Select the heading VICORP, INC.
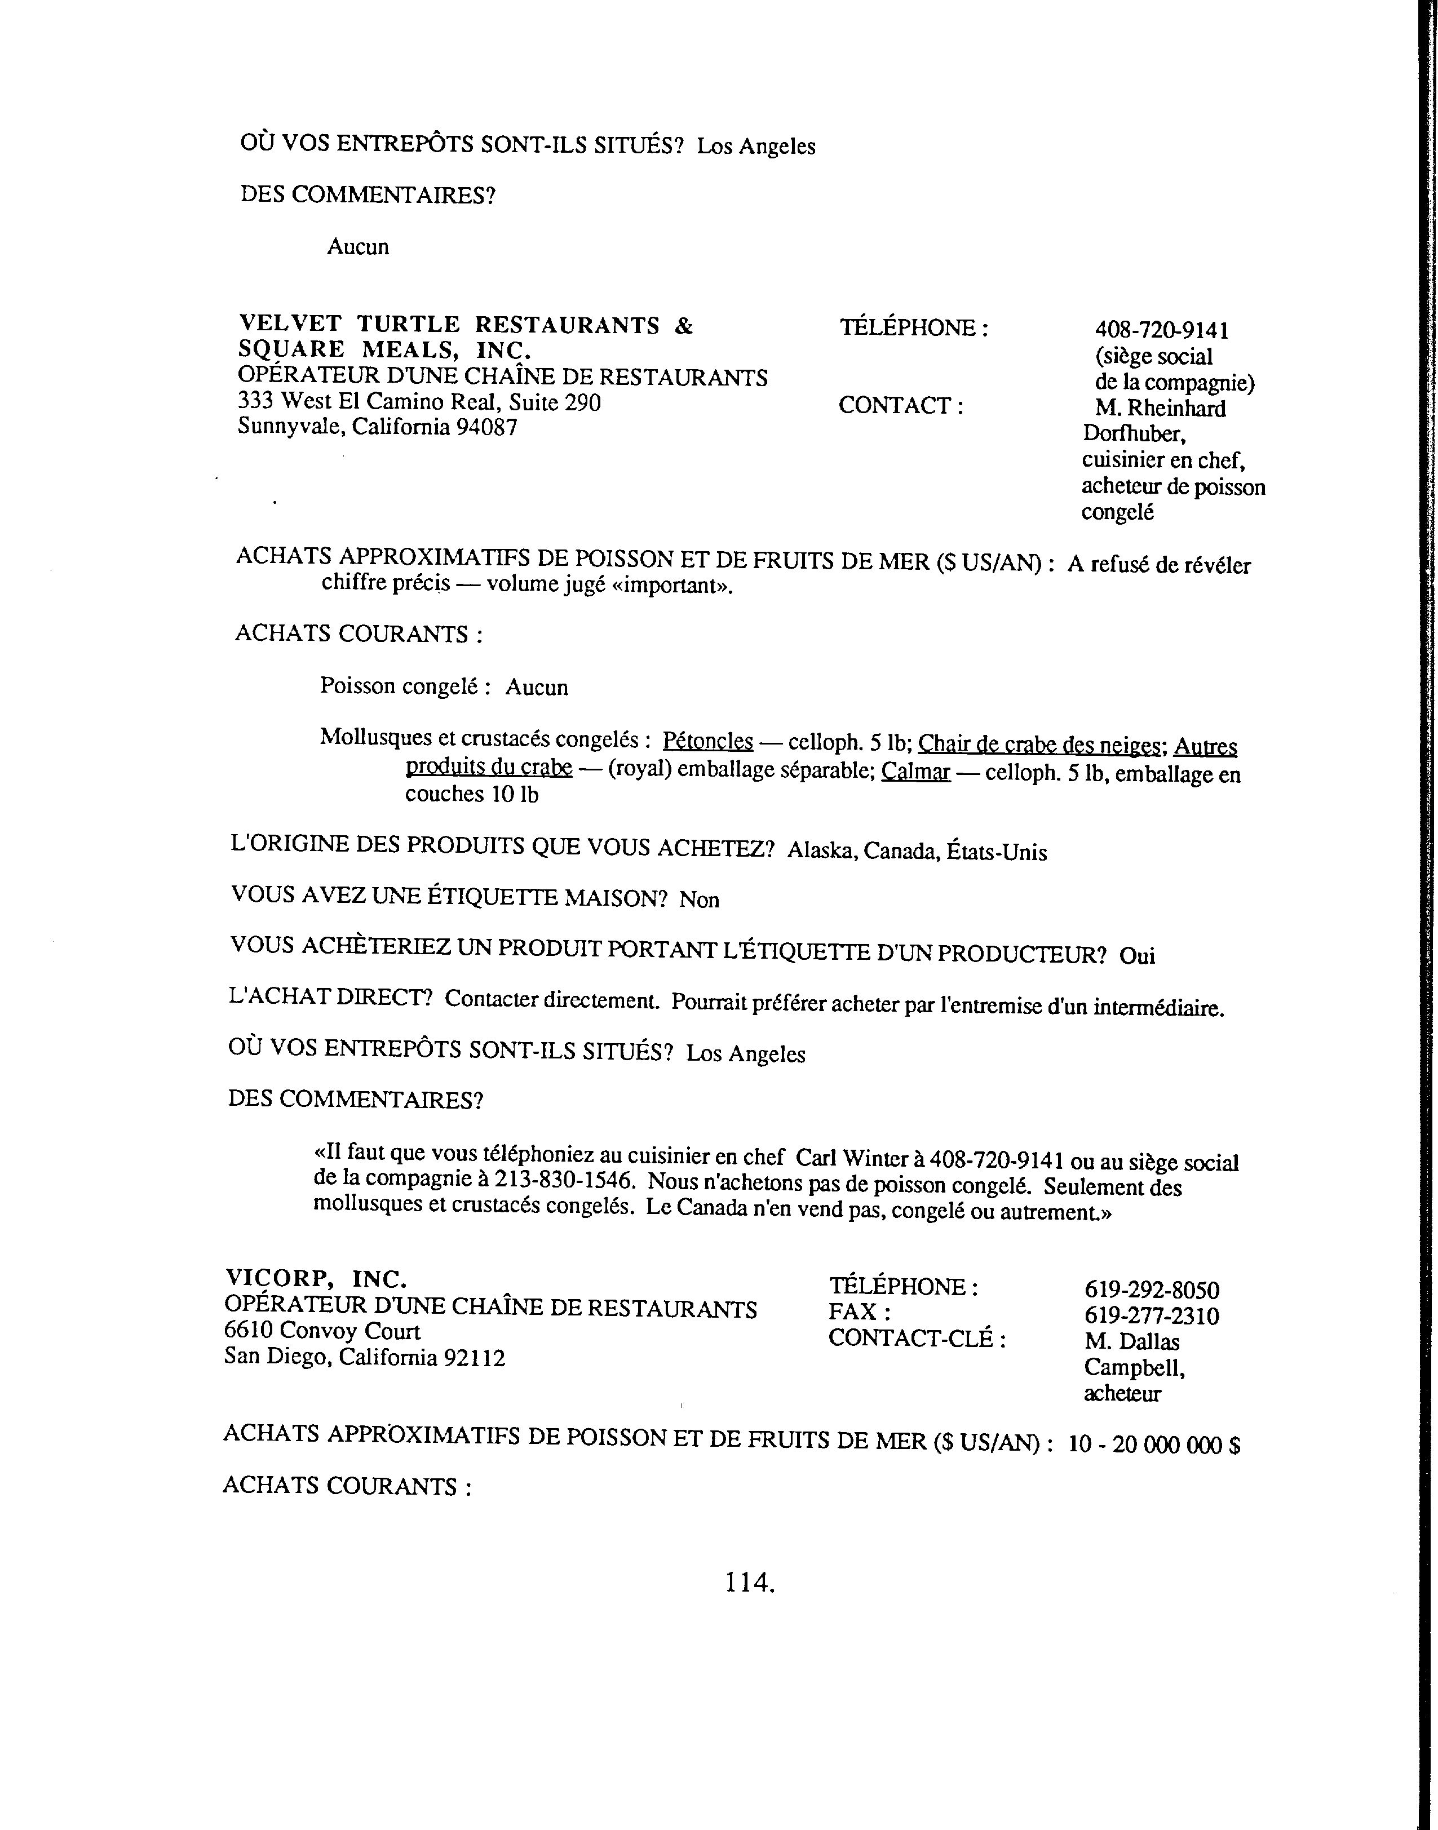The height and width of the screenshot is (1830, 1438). click(316, 1279)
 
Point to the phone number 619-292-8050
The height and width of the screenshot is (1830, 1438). click(1151, 1291)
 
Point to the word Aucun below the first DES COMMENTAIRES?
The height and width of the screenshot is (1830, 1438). click(358, 247)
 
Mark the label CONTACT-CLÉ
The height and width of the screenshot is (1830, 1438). click(917, 1339)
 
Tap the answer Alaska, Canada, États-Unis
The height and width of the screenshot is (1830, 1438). click(917, 851)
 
